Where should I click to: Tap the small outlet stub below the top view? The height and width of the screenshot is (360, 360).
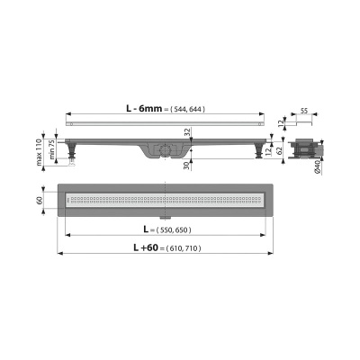pyautogui.click(x=166, y=217)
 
